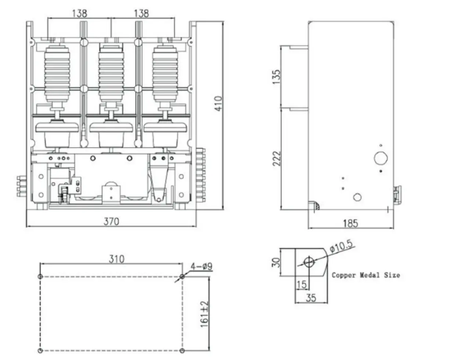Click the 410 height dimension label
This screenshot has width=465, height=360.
click(x=218, y=104)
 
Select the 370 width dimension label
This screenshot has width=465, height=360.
click(x=111, y=221)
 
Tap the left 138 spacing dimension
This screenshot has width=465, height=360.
click(x=79, y=13)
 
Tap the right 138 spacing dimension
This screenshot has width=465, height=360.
click(x=141, y=13)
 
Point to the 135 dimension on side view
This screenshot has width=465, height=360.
click(x=276, y=77)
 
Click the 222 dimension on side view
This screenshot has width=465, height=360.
click(x=276, y=158)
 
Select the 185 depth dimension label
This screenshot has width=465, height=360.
click(x=350, y=223)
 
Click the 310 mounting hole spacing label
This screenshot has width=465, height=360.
click(x=116, y=259)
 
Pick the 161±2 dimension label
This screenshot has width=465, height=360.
click(x=204, y=313)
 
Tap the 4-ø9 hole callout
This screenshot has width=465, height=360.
click(x=201, y=266)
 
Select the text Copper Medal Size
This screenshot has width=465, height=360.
click(x=366, y=275)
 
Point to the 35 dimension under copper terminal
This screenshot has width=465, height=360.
click(x=310, y=298)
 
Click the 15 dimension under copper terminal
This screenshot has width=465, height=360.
click(x=301, y=284)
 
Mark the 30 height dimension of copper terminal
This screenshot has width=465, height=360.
click(x=277, y=262)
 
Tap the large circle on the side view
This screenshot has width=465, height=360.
click(x=381, y=158)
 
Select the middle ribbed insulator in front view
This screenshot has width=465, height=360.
click(x=111, y=73)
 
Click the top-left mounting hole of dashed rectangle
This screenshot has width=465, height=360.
click(x=40, y=276)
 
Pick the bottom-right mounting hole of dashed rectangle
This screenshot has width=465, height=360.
click(x=182, y=350)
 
